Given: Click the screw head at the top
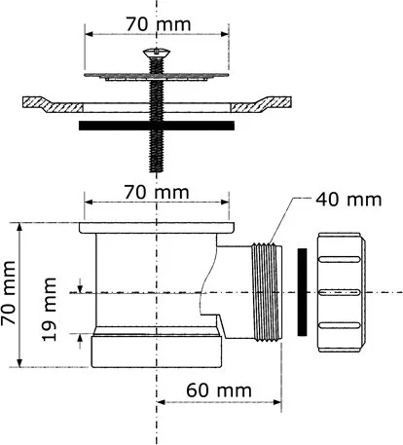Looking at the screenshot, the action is pyautogui.click(x=157, y=53).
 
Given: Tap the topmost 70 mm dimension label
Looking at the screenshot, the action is pyautogui.click(x=159, y=24).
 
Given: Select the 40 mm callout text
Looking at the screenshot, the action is pyautogui.click(x=348, y=200).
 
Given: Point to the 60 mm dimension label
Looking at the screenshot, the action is pyautogui.click(x=219, y=390).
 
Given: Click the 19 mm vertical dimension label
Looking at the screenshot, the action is pyautogui.click(x=50, y=309).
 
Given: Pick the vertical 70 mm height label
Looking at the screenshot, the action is pyautogui.click(x=8, y=293).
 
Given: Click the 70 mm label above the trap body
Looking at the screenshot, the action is pyautogui.click(x=157, y=193).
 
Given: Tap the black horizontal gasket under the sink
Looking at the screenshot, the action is pyautogui.click(x=157, y=126).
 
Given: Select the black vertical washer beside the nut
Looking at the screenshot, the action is pyautogui.click(x=302, y=292).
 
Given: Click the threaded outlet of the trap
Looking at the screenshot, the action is pyautogui.click(x=267, y=292).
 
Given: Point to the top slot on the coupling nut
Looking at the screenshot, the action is pyautogui.click(x=340, y=259).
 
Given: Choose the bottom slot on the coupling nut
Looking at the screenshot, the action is pyautogui.click(x=340, y=325).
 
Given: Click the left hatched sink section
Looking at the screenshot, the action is pyautogui.click(x=52, y=104).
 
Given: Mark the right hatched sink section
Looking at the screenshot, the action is pyautogui.click(x=261, y=104).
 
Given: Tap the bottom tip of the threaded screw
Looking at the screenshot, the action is pyautogui.click(x=157, y=171).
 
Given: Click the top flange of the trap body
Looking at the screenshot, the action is pyautogui.click(x=157, y=228).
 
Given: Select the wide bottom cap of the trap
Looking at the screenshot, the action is pyautogui.click(x=157, y=352).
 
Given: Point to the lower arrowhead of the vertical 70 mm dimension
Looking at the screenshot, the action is pyautogui.click(x=19, y=363).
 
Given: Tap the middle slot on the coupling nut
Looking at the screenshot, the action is pyautogui.click(x=340, y=292).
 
